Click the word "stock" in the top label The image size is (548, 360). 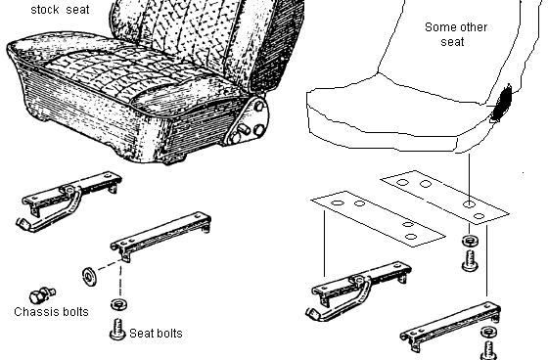click(45, 10)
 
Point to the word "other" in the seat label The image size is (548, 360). click(475, 27)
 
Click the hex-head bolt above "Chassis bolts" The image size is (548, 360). click(42, 295)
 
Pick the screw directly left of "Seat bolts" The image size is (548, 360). click(117, 330)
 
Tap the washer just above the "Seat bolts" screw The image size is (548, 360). click(118, 304)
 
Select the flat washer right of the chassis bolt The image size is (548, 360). click(89, 277)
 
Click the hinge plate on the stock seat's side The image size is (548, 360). click(249, 121)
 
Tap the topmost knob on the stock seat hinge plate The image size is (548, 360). click(259, 106)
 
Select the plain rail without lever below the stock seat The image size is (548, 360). click(161, 236)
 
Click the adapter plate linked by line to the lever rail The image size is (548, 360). click(378, 218)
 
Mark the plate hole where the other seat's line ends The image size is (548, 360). click(469, 204)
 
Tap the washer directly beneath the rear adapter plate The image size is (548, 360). click(470, 242)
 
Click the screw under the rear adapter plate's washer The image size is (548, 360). click(470, 260)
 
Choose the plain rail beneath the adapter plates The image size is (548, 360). click(450, 327)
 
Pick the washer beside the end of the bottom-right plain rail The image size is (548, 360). click(489, 332)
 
